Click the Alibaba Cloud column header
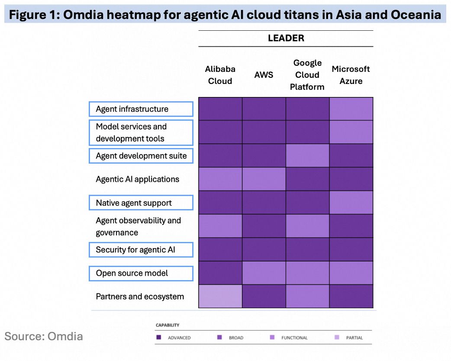220,75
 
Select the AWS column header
264,75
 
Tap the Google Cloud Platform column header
307,75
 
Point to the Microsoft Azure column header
351,75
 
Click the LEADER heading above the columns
286,38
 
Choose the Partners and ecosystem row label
140,296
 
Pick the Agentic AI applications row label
138,179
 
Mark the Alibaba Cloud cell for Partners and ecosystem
220,296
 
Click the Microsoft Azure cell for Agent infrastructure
351,109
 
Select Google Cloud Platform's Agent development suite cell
307,156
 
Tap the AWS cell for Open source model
264,273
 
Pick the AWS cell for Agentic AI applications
264,179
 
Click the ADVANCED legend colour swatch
158,337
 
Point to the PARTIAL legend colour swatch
337,337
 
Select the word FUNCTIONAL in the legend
294,338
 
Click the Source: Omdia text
44,336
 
